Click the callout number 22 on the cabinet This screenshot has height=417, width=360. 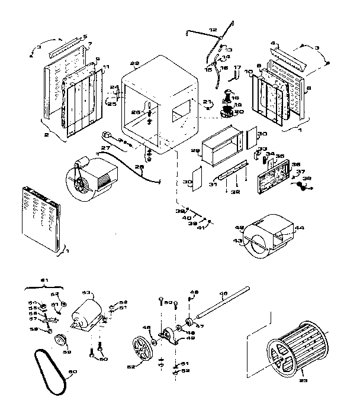pyautogui.click(x=134, y=64)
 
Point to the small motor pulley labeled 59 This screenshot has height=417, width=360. pyautogui.click(x=60, y=341)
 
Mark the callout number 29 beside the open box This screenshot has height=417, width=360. pyautogui.click(x=195, y=151)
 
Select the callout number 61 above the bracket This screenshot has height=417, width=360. pyautogui.click(x=42, y=281)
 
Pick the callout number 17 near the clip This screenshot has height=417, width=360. pyautogui.click(x=237, y=68)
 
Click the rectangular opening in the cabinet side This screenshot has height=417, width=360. pyautogui.click(x=179, y=111)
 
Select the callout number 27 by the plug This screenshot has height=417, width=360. pyautogui.click(x=106, y=147)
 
